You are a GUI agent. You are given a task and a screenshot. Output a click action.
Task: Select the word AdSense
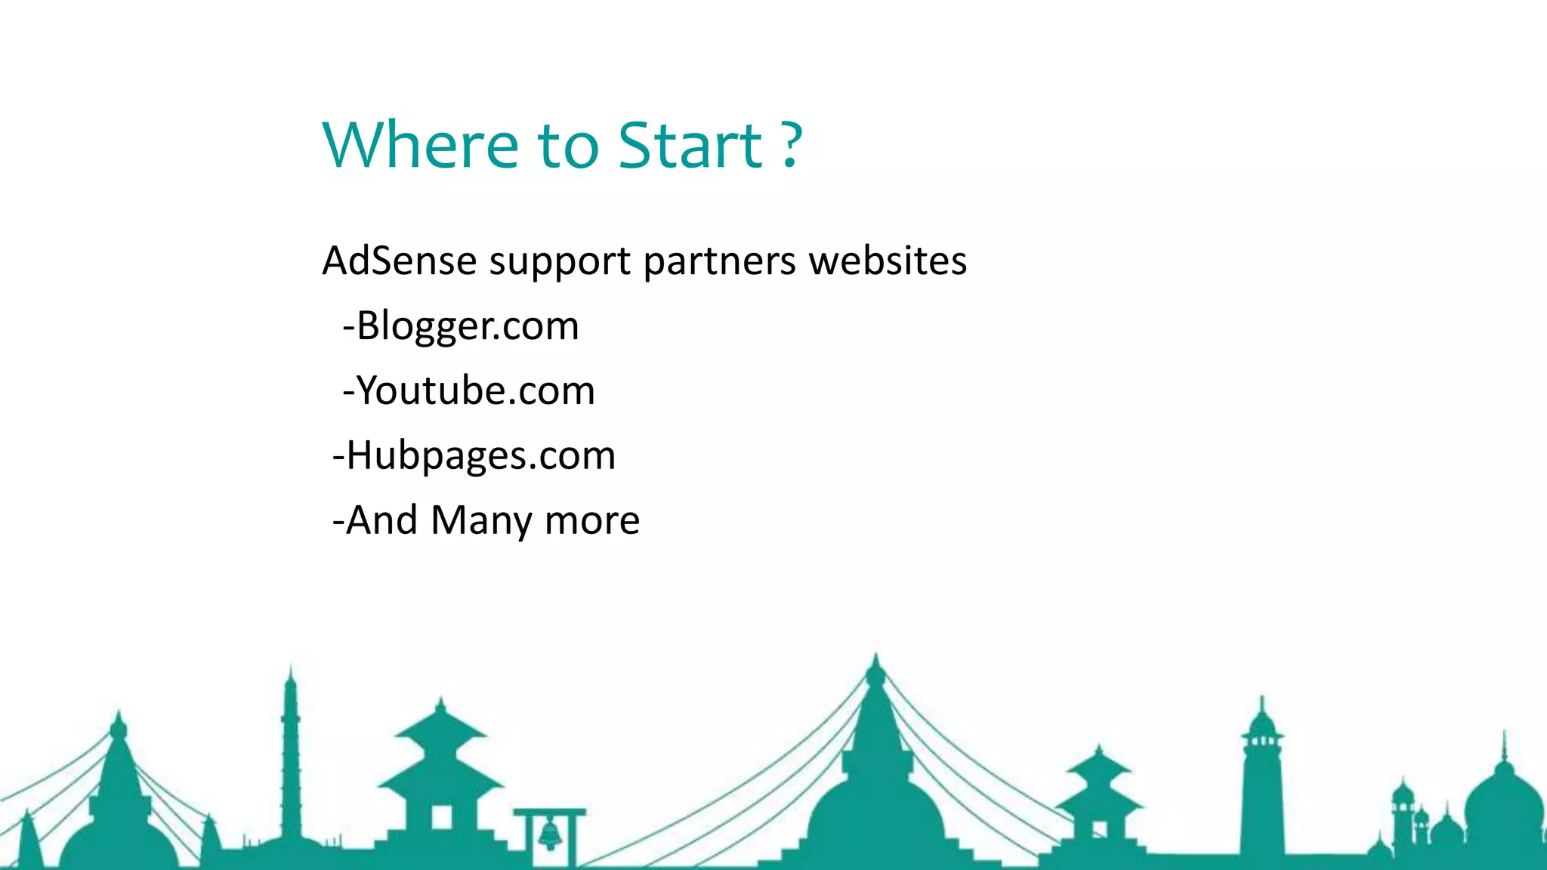pyautogui.click(x=400, y=261)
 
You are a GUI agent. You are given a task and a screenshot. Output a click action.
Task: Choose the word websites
pyautogui.click(x=888, y=261)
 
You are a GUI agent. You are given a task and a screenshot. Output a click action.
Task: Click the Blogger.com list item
pyautogui.click(x=467, y=326)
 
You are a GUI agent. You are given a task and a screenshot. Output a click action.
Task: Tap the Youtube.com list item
pyautogui.click(x=475, y=391)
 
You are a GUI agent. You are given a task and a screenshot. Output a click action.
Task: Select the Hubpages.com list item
pyautogui.click(x=480, y=456)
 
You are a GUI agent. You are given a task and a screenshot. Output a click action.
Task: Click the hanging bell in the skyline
pyautogui.click(x=551, y=833)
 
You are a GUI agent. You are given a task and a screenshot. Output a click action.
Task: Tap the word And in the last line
pyautogui.click(x=382, y=521)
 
